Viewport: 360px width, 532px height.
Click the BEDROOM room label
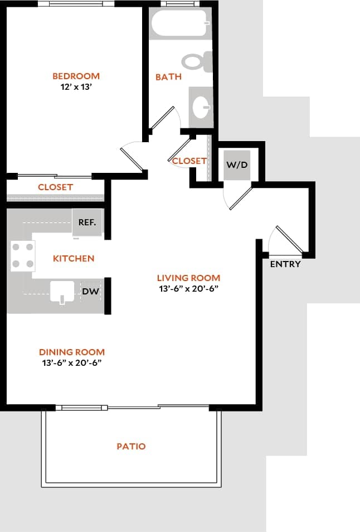[76, 76]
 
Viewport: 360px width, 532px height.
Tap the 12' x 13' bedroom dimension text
[76, 87]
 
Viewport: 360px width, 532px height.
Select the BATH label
[168, 77]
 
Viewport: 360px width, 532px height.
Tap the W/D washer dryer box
[237, 165]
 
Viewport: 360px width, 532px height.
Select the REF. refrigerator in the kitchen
[87, 222]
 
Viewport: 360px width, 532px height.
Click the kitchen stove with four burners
[23, 255]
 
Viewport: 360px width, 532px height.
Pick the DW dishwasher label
[90, 291]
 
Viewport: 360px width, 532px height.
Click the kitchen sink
[62, 292]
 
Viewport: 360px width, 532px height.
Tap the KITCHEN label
[74, 258]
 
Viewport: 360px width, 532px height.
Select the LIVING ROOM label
[188, 278]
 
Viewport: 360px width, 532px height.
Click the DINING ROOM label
[72, 352]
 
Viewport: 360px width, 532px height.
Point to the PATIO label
[131, 446]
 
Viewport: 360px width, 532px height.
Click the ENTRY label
[285, 264]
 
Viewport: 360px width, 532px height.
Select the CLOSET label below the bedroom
[55, 187]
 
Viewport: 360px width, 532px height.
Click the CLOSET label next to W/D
[189, 161]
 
